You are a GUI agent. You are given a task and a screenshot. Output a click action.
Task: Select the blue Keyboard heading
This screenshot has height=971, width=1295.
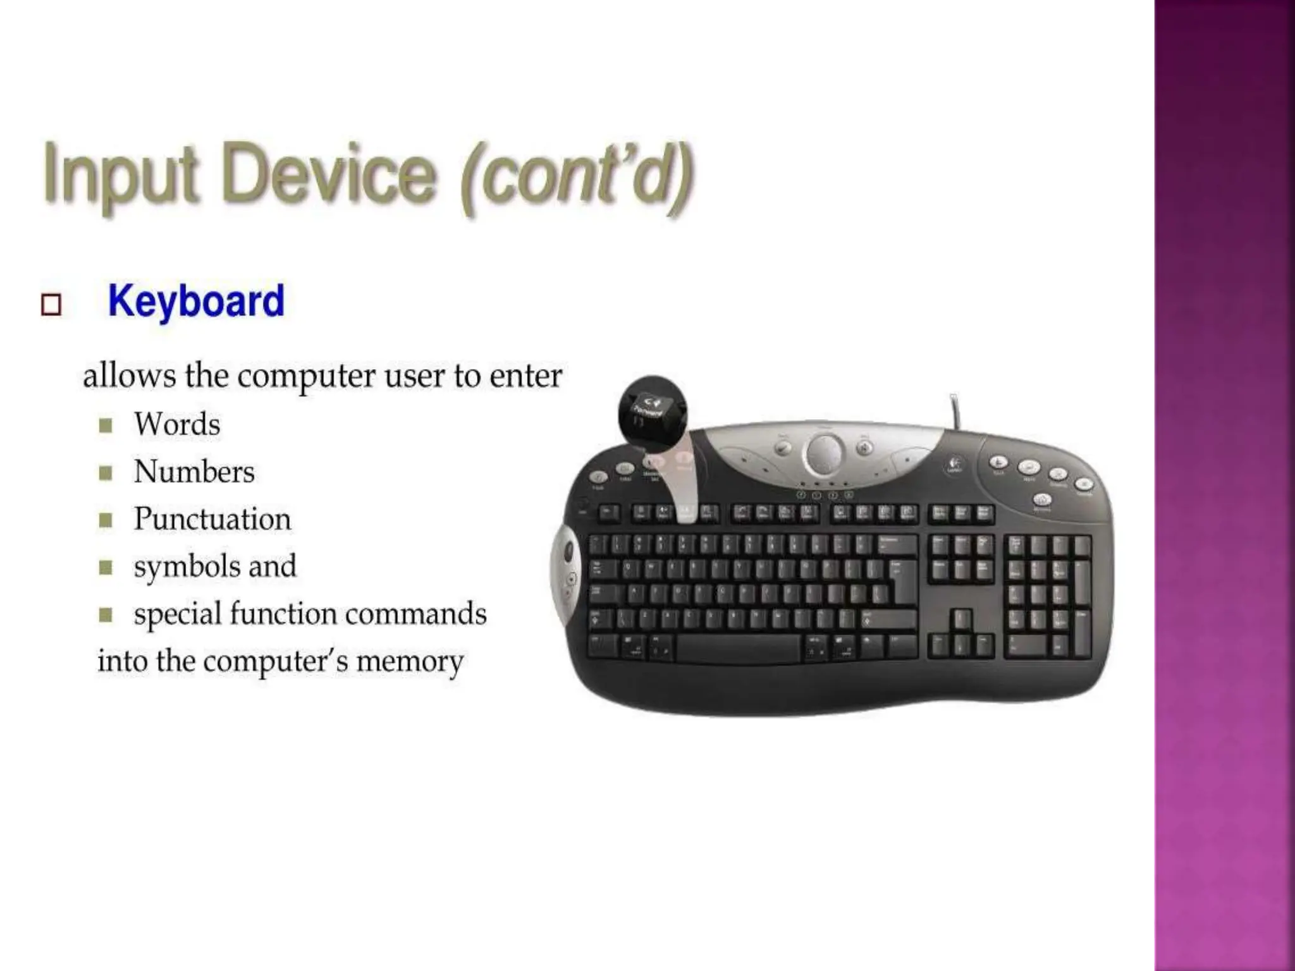196,301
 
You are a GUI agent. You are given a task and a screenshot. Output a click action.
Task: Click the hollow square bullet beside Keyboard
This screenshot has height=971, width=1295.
51,305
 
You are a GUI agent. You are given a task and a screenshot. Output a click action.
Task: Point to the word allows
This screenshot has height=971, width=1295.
129,376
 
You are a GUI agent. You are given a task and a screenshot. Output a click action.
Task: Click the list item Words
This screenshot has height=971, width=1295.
177,424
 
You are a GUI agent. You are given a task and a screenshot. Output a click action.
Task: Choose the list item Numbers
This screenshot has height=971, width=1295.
194,472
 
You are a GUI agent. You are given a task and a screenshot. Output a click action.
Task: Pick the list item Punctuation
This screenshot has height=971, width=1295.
212,519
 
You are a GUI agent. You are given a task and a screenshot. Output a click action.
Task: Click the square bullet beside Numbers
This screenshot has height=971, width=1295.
106,472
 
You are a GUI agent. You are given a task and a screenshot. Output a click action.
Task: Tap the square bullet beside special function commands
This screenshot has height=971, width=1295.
106,614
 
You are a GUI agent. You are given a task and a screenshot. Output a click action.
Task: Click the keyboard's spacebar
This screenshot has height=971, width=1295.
739,649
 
